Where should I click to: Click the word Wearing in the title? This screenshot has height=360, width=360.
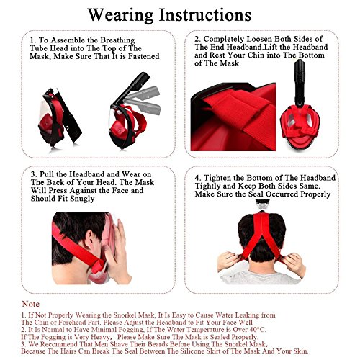[120, 15]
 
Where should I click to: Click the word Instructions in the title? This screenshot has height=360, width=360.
[205, 15]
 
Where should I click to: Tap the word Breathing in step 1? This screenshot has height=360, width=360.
[117, 40]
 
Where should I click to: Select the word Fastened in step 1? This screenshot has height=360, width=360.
[143, 56]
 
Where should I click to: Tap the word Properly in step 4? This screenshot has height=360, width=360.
[315, 194]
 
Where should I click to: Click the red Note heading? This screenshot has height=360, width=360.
[30, 304]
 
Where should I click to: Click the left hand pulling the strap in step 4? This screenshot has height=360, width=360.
[229, 261]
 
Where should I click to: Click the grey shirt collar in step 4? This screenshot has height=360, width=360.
[261, 276]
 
